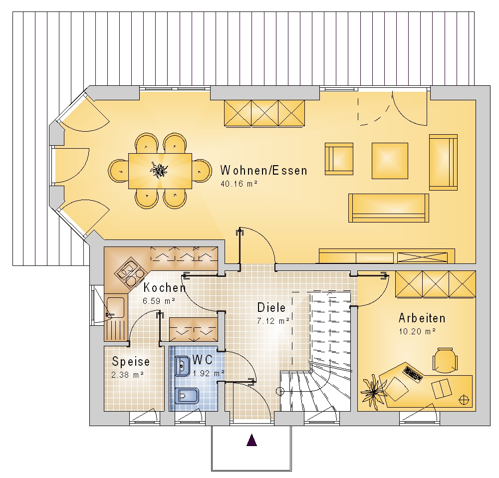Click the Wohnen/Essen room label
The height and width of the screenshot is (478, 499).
point(264,170)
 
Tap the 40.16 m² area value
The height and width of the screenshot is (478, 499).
point(239,184)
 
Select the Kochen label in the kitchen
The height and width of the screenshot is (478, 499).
point(165,288)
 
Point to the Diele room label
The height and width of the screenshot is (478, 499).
point(271,307)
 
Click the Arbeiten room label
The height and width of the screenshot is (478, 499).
point(422,318)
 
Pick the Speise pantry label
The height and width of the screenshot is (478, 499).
point(131,362)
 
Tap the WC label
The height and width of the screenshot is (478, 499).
point(203,360)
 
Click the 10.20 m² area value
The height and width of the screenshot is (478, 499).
point(417,332)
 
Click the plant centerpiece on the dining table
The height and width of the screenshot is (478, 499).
point(159,170)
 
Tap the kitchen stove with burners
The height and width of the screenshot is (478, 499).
point(130,272)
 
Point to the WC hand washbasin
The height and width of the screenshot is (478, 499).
point(183,366)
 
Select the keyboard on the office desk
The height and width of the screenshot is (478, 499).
point(413,374)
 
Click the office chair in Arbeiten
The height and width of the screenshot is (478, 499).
point(445,360)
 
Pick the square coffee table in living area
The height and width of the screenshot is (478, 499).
point(390,161)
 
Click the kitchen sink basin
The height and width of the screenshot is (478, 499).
point(115,307)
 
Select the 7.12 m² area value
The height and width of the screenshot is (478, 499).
point(273,321)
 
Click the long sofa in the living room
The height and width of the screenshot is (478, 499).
point(389,208)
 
